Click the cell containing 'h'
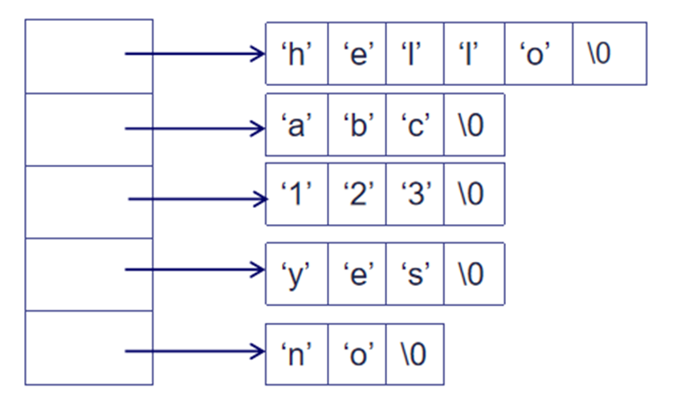tap(296, 54)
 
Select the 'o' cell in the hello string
tap(538, 54)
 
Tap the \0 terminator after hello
tap(609, 54)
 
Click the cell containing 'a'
tap(296, 125)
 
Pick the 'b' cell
tap(357, 125)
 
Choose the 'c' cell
tap(414, 125)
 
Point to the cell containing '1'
tap(296, 194)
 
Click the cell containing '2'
tap(357, 194)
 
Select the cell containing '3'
tap(414, 194)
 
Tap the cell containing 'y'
tap(296, 273)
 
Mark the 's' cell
tap(414, 273)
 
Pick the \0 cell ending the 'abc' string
tap(474, 125)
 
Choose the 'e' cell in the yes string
tap(357, 273)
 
